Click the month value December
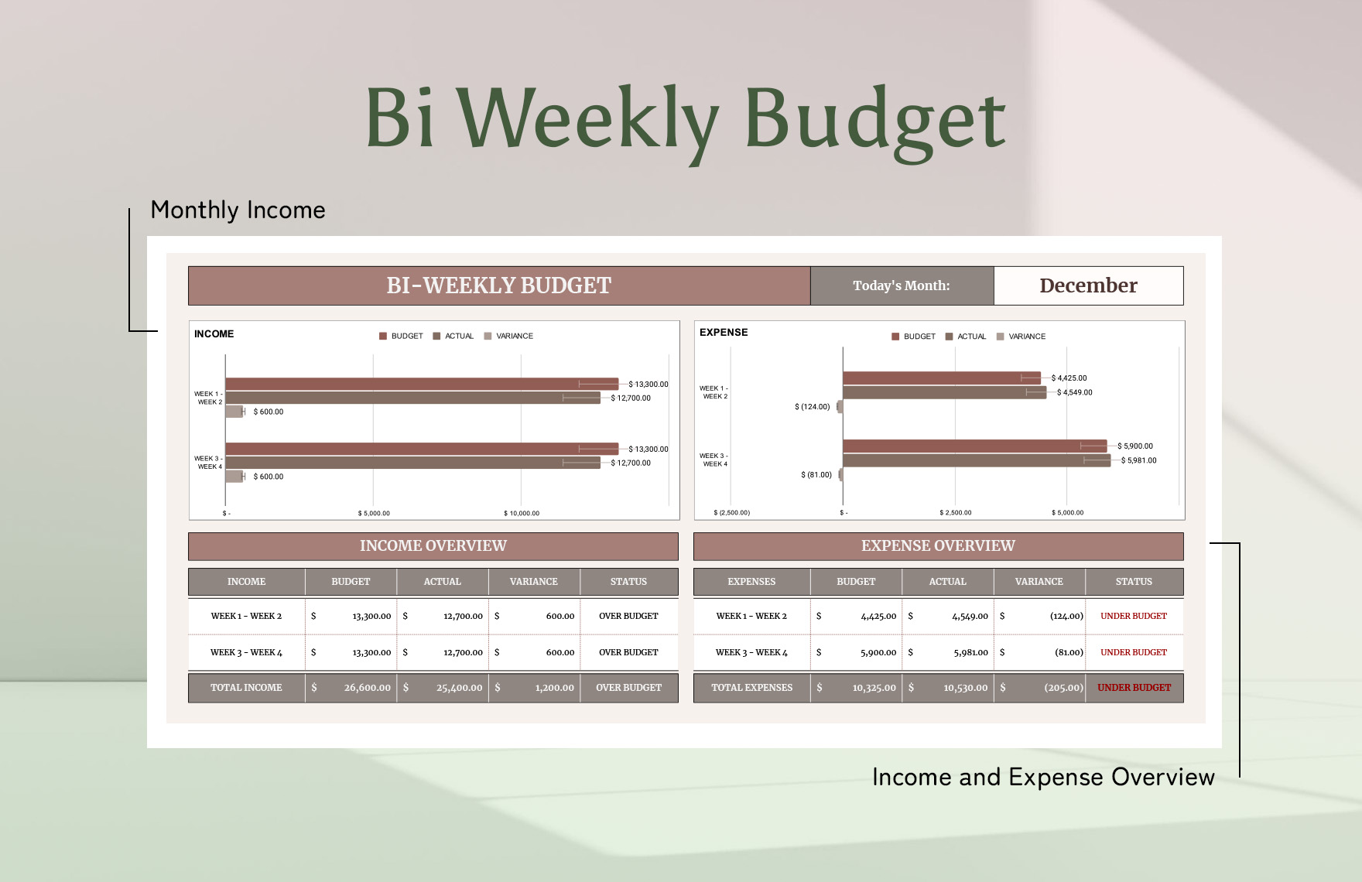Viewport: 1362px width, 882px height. tap(1088, 285)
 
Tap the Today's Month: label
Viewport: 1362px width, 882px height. tap(902, 285)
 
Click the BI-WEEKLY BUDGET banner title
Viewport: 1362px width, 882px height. tap(499, 285)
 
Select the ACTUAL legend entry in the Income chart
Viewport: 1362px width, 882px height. tap(453, 336)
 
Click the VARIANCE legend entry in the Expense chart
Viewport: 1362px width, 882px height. tap(1021, 337)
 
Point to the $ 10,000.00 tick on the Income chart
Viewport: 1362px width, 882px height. tap(522, 513)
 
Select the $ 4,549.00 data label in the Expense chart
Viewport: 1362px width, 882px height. tap(1075, 392)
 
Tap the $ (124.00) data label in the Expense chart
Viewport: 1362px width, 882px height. tap(812, 406)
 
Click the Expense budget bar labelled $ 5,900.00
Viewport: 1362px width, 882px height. tap(975, 446)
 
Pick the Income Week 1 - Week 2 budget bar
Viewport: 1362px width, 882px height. tap(422, 384)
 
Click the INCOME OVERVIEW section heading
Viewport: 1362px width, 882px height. tap(433, 545)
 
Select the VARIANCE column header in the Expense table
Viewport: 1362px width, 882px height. tap(1039, 582)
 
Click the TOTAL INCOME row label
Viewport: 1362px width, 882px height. tap(246, 688)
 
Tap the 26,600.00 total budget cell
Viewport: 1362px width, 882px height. tap(368, 688)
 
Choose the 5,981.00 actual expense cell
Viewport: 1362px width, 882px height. tap(970, 652)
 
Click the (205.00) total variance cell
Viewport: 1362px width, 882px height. tap(1063, 688)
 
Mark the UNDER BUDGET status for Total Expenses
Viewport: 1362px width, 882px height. tap(1134, 688)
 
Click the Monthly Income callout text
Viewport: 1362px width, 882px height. tap(238, 210)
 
